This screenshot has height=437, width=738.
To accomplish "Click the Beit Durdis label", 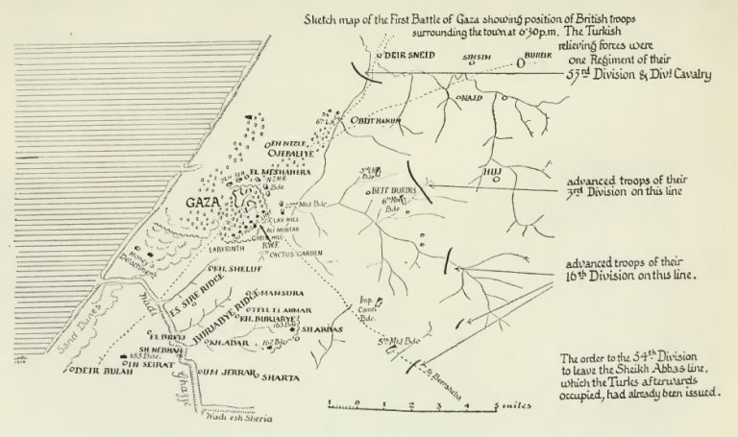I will [x=393, y=191].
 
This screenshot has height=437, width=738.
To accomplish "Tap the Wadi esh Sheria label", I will [x=234, y=420].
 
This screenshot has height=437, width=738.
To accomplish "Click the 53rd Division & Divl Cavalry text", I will [x=620, y=78].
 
